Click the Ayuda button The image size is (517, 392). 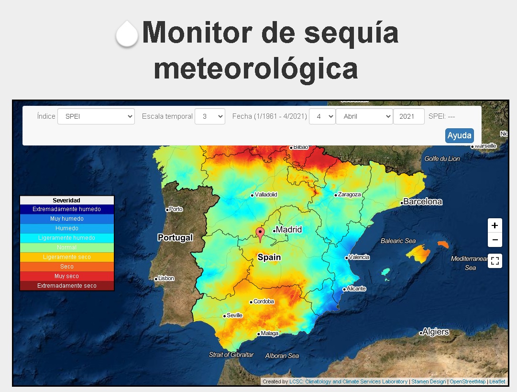point(459,135)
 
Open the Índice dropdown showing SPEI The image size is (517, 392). point(96,116)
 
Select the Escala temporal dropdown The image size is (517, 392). point(209,116)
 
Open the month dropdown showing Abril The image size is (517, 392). point(364,116)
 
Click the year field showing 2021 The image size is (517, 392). point(408,116)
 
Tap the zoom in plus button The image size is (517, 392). point(495,225)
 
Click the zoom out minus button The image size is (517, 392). point(495,240)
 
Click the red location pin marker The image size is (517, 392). point(260,234)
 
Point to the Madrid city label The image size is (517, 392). point(289,230)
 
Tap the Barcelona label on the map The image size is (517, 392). point(423,202)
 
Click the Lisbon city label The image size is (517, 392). point(166,278)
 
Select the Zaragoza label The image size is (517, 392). point(349,195)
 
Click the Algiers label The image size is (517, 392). point(436,332)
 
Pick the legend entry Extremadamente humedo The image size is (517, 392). point(67,209)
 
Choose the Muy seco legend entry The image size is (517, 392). point(67,276)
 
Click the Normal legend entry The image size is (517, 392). point(67,247)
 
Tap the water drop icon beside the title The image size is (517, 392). point(127,34)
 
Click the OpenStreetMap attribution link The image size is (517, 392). point(467,381)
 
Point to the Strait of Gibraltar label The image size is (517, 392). point(231,355)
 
